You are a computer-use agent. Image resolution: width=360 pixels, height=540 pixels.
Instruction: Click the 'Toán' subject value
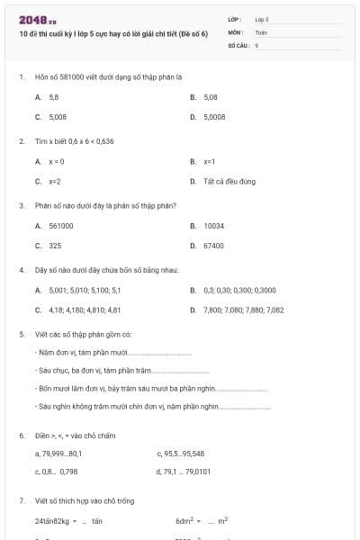[x=261, y=31]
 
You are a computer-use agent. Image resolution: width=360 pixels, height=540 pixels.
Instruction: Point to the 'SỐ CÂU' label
[x=238, y=43]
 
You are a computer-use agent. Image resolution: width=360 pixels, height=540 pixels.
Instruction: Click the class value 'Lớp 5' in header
[x=262, y=19]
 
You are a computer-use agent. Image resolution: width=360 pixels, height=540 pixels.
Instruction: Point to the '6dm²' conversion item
[x=186, y=520]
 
